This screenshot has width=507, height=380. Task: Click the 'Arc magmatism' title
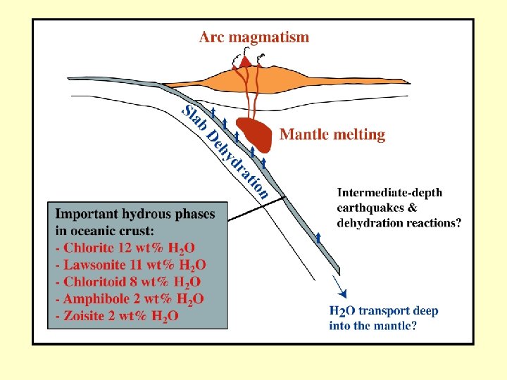pyautogui.click(x=254, y=37)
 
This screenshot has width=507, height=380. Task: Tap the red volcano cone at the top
pyautogui.click(x=245, y=61)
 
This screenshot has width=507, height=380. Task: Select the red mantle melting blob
pyautogui.click(x=253, y=134)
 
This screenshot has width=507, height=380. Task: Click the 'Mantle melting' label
pyautogui.click(x=332, y=134)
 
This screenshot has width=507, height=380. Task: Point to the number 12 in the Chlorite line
pyautogui.click(x=131, y=247)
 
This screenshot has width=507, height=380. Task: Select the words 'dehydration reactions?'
pyautogui.click(x=399, y=223)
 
